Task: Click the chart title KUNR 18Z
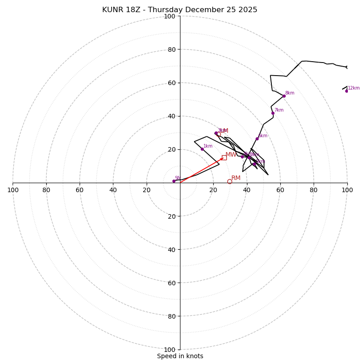point(180,10)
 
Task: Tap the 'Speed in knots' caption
point(180,356)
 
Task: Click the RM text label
point(236,178)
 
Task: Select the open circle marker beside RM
point(229,182)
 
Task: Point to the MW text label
point(230,155)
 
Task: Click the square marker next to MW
point(224,157)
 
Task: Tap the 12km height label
point(353,88)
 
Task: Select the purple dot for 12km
point(346,91)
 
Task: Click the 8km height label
point(289,93)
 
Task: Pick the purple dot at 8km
point(284,96)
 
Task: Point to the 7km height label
point(279,110)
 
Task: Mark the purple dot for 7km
point(273,113)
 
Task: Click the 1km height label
point(208,146)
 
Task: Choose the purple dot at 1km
point(202,149)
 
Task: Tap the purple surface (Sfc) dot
point(174,181)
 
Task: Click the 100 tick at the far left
point(13,190)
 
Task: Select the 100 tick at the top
point(170,16)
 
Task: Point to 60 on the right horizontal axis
point(280,190)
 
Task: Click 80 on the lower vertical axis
point(170,316)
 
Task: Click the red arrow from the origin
point(202,170)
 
